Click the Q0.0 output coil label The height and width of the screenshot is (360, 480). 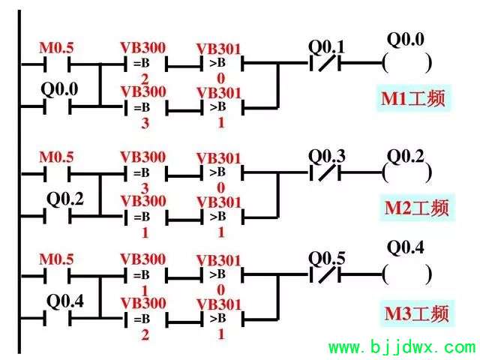[406, 40]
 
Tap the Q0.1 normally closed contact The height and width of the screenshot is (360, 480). [325, 63]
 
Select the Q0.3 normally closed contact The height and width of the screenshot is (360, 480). [325, 172]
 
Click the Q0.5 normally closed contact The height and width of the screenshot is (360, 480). [325, 274]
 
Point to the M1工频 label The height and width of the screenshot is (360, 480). [413, 98]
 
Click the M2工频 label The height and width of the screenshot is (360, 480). [417, 208]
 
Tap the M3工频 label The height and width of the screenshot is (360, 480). [417, 313]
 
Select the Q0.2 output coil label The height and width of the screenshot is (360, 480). [406, 157]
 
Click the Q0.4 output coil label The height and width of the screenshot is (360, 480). [406, 247]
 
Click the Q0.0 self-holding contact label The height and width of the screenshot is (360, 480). [59, 89]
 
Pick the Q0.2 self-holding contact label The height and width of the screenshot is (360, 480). [65, 199]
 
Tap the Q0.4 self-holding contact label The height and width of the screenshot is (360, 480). [65, 301]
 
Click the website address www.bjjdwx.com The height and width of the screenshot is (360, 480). [402, 347]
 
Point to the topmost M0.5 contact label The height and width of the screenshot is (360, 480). [57, 48]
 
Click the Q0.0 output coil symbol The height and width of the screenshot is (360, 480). [407, 63]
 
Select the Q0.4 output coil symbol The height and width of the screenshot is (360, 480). [407, 274]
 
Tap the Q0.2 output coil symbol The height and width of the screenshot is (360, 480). [407, 173]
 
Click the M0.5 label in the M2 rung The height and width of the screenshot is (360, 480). [57, 157]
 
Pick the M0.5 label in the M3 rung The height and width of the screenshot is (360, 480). [57, 259]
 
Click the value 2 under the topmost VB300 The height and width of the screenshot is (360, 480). [145, 79]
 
